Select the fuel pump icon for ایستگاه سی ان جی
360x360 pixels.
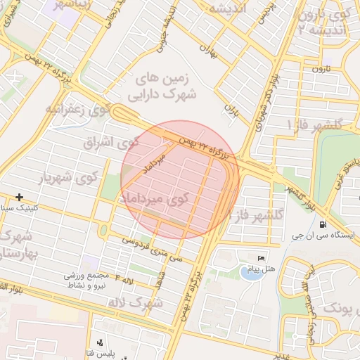click(x=323, y=225)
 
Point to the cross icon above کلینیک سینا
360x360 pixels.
click(x=19, y=198)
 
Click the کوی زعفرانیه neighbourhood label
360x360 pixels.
click(x=78, y=109)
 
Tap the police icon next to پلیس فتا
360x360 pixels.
click(x=100, y=343)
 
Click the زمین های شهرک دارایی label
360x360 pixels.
click(x=163, y=85)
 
